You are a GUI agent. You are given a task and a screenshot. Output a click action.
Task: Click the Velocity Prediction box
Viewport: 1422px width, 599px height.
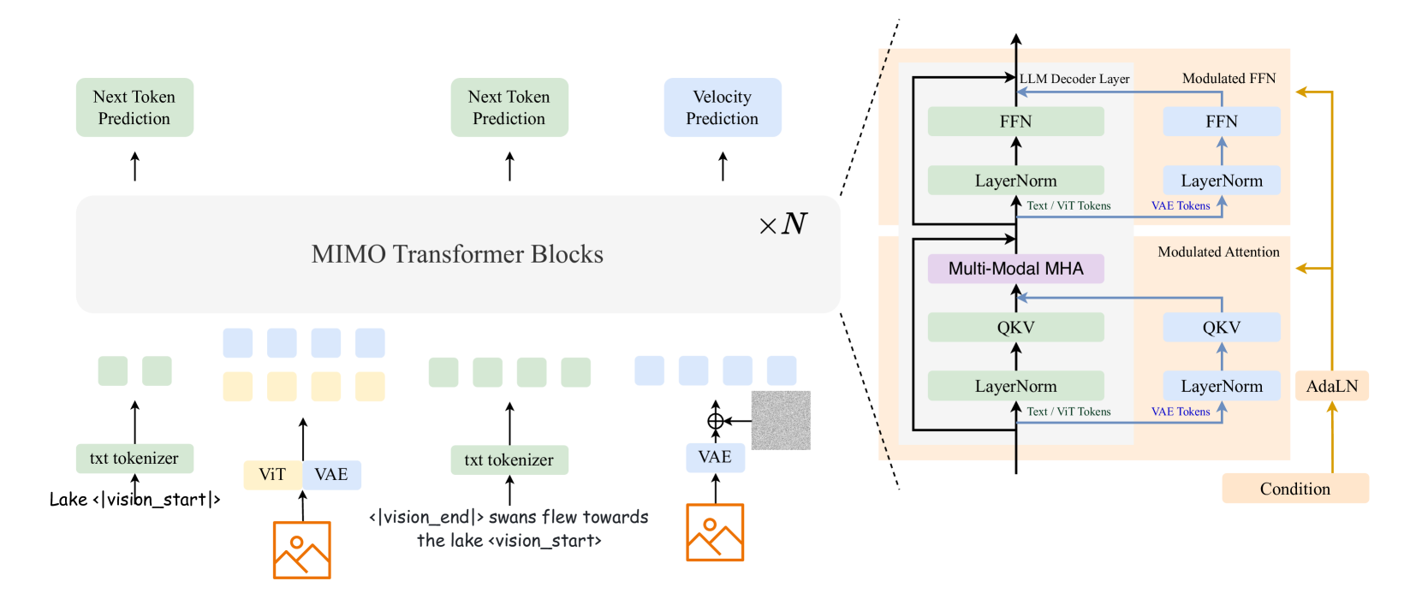(x=723, y=108)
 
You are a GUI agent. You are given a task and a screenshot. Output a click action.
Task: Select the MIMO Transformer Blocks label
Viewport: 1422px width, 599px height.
(x=457, y=254)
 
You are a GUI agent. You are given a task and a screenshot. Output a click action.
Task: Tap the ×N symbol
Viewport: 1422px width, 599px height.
(x=783, y=224)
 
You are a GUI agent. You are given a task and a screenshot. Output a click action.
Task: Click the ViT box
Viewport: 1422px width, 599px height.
(x=272, y=474)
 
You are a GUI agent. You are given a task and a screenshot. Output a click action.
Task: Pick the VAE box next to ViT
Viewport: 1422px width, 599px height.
(x=331, y=474)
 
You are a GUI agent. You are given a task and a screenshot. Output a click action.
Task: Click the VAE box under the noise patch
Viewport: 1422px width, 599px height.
(x=715, y=457)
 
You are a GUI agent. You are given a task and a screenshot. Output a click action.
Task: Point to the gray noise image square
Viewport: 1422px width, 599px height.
(x=780, y=420)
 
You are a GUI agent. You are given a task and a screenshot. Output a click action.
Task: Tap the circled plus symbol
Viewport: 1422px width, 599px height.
(x=716, y=421)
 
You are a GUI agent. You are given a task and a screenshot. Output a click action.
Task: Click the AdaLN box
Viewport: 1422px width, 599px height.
(x=1331, y=386)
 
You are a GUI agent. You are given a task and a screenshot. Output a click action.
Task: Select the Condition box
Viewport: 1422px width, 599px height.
(x=1294, y=489)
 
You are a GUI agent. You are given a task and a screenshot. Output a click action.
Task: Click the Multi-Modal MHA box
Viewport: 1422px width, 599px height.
(x=1015, y=269)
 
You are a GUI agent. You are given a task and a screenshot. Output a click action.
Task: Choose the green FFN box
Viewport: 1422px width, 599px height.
(x=1015, y=122)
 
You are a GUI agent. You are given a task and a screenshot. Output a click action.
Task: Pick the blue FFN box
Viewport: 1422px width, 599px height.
(x=1221, y=122)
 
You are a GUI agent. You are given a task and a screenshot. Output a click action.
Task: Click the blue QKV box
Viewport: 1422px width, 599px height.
(x=1221, y=327)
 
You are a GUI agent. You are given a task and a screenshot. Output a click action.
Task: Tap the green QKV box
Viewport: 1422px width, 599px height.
(x=1015, y=327)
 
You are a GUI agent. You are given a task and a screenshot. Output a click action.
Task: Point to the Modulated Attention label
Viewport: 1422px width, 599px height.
(x=1218, y=252)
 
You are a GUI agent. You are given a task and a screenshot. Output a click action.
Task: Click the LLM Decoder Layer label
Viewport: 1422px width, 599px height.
(x=1074, y=79)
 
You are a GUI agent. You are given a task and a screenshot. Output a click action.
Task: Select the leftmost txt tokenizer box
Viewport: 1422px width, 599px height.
(x=134, y=459)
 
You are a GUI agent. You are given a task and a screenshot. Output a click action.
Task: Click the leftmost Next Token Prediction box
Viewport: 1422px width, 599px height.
(x=134, y=108)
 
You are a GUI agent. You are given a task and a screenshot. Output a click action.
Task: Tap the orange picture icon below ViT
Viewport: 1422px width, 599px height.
(x=301, y=549)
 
